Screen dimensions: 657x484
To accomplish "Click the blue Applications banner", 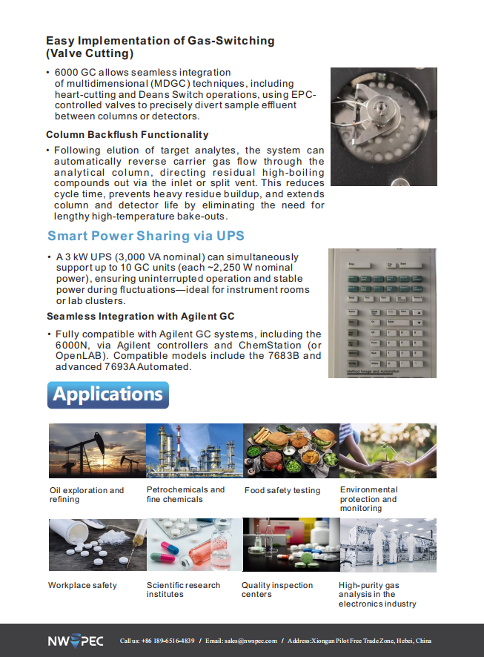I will tap(108, 395).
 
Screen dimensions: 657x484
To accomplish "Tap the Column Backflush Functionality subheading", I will tap(127, 135).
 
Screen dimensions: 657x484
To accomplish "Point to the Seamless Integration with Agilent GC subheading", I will tap(140, 317).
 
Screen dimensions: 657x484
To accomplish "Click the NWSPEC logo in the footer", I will tap(76, 641).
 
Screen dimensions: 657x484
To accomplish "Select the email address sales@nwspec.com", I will tap(251, 641).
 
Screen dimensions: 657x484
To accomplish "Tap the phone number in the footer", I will tap(168, 641).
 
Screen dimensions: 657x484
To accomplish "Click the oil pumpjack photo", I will tap(97, 450).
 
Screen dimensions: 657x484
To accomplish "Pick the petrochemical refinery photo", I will tap(194, 450).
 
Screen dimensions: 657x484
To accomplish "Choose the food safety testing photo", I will tap(291, 450).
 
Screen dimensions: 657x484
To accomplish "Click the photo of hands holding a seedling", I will tap(388, 450).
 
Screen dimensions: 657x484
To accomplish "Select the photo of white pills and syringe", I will tap(97, 545).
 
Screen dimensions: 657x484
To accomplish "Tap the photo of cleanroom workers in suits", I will tap(388, 545).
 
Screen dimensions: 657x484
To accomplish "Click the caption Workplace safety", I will tap(82, 585).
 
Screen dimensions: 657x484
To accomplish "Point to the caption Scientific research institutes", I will tap(183, 590).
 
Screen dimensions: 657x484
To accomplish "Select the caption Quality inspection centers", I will tap(277, 590).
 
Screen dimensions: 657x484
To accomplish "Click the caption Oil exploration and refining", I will tap(87, 495).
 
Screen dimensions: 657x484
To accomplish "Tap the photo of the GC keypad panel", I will tap(382, 313).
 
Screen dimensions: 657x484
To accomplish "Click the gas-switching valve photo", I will tap(383, 127).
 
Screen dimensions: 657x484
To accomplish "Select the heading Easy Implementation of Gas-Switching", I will tap(160, 47).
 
